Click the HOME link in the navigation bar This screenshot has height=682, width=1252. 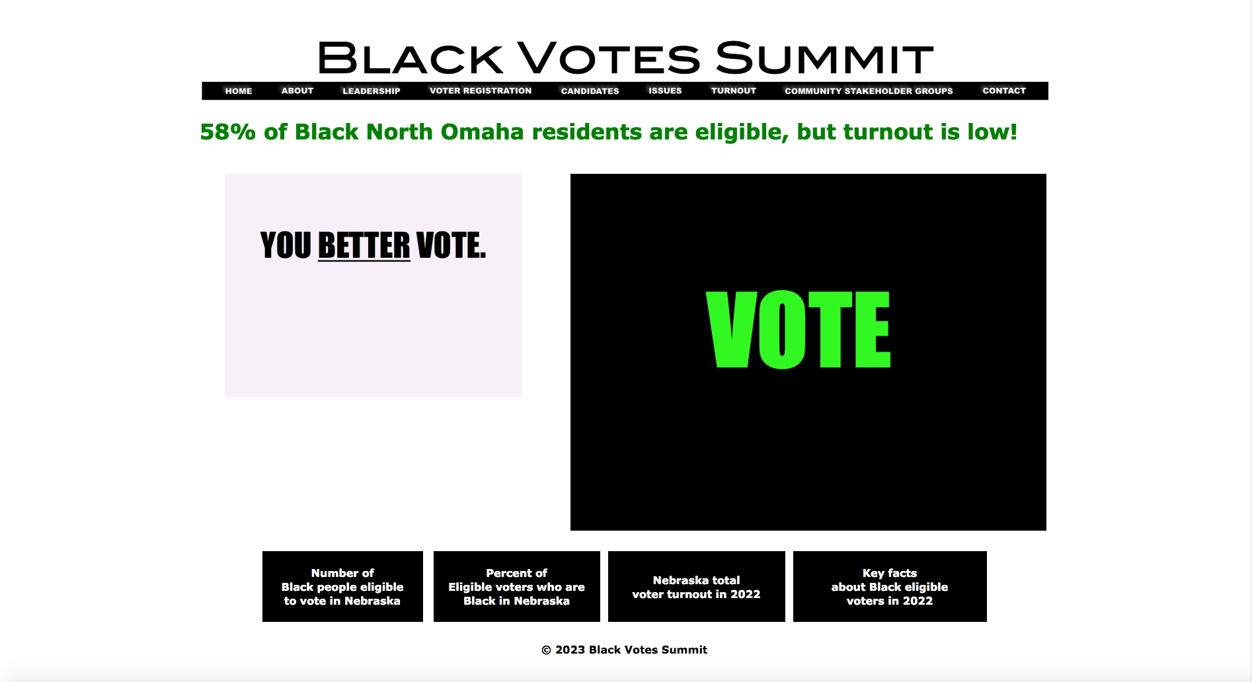click(239, 91)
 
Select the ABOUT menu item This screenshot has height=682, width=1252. click(297, 91)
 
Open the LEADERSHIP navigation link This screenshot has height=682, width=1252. click(372, 91)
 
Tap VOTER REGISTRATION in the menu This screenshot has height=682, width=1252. click(481, 91)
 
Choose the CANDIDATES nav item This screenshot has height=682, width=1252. click(590, 91)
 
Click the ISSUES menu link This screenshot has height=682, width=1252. click(665, 91)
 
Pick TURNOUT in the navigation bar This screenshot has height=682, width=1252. click(734, 91)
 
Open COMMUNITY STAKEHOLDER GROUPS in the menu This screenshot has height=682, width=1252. click(869, 91)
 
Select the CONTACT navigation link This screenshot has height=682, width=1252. click(1004, 91)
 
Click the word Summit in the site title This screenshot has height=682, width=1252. click(824, 57)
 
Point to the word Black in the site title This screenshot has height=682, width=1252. click(411, 57)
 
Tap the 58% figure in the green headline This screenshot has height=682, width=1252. click(228, 132)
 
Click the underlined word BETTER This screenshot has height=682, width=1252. click(364, 246)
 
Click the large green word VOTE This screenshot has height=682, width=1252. click(799, 329)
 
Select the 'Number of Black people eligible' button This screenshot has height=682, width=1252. click(342, 587)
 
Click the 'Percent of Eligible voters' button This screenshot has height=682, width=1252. click(517, 587)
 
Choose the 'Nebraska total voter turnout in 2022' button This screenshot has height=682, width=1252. click(697, 587)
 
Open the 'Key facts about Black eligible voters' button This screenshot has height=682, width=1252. click(890, 587)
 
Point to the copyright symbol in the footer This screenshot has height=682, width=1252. click(547, 650)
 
